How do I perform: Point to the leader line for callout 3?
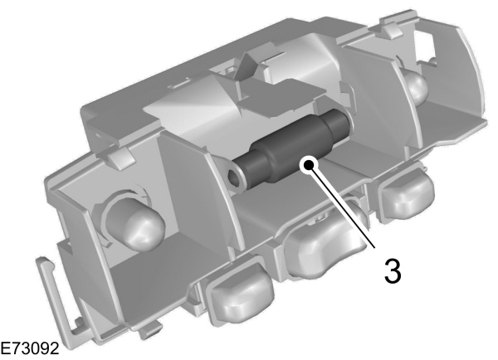[x=344, y=212]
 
